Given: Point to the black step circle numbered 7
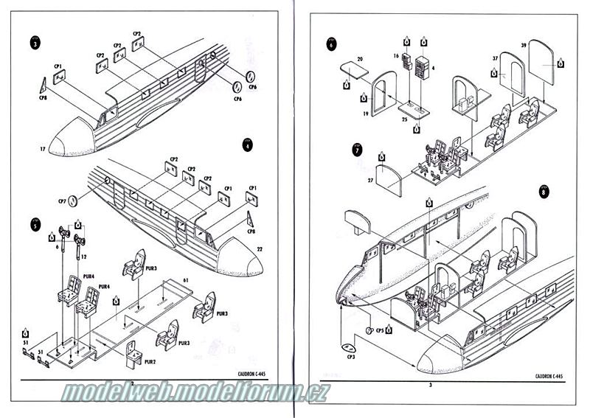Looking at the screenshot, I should (358, 150).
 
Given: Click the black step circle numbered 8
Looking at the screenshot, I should (544, 191).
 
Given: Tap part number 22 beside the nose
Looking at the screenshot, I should (259, 250).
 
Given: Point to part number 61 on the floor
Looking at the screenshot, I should (187, 281).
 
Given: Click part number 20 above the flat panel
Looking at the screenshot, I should (360, 58).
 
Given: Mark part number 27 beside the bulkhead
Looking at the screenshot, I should (370, 180).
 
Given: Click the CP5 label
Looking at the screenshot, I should (380, 330).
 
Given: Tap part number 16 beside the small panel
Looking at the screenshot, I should (396, 55).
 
